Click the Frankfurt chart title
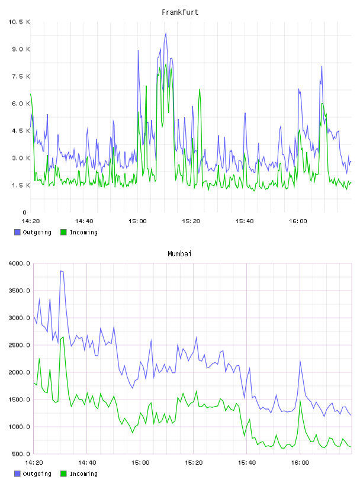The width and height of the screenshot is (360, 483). [180, 12]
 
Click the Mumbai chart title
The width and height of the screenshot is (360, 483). [179, 253]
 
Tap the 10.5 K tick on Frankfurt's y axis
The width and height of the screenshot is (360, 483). [19, 22]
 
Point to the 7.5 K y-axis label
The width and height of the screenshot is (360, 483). [21, 76]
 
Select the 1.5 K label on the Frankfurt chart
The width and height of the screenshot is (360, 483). [21, 185]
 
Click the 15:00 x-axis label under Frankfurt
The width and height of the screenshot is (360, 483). [137, 221]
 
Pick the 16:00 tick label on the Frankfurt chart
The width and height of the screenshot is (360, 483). [298, 221]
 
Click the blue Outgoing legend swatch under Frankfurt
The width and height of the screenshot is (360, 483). [17, 232]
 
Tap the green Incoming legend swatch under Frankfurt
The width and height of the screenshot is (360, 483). [63, 232]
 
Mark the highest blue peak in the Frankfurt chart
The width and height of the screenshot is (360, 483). [166, 33]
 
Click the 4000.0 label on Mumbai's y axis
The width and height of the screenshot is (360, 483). [19, 263]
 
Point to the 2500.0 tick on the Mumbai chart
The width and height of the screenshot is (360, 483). [19, 345]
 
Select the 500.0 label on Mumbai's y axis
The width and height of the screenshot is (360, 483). [21, 454]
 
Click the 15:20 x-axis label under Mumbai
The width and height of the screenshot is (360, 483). [194, 462]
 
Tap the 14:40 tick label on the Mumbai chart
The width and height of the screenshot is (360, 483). [87, 462]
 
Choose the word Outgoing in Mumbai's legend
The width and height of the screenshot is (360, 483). [37, 474]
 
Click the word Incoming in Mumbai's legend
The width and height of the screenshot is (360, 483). [83, 474]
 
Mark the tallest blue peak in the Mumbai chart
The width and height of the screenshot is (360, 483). [61, 271]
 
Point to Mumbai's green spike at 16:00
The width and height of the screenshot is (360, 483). [300, 401]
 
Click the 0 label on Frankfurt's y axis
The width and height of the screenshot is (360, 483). [25, 212]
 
